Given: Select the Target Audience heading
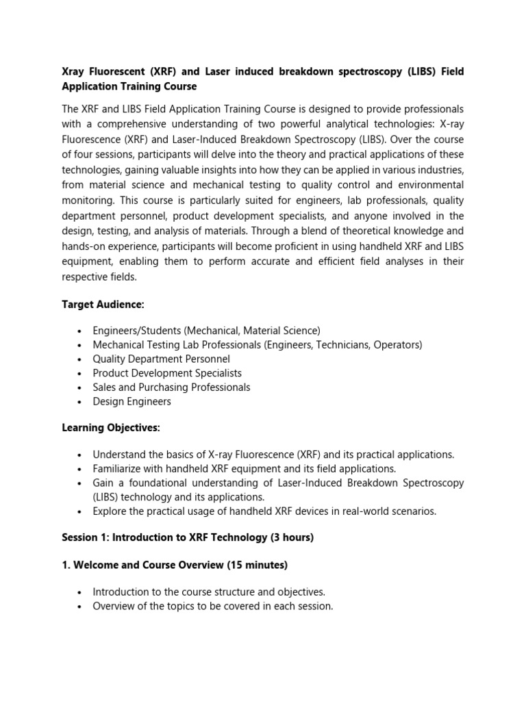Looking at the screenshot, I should [103, 304].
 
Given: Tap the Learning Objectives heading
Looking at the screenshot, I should [111, 428].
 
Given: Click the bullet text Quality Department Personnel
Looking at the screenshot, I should [161, 359].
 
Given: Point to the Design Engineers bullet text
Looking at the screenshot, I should [131, 401].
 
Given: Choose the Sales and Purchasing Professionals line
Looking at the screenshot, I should [171, 387].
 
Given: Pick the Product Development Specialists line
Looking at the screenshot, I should [167, 373].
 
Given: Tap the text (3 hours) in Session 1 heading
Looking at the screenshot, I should [291, 537].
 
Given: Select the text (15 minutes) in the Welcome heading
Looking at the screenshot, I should [255, 565].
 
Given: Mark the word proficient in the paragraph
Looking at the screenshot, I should [305, 246].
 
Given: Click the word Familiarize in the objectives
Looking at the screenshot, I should [120, 469].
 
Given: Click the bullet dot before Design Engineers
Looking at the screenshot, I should [80, 402].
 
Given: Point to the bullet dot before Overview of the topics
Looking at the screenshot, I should [80, 607].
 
